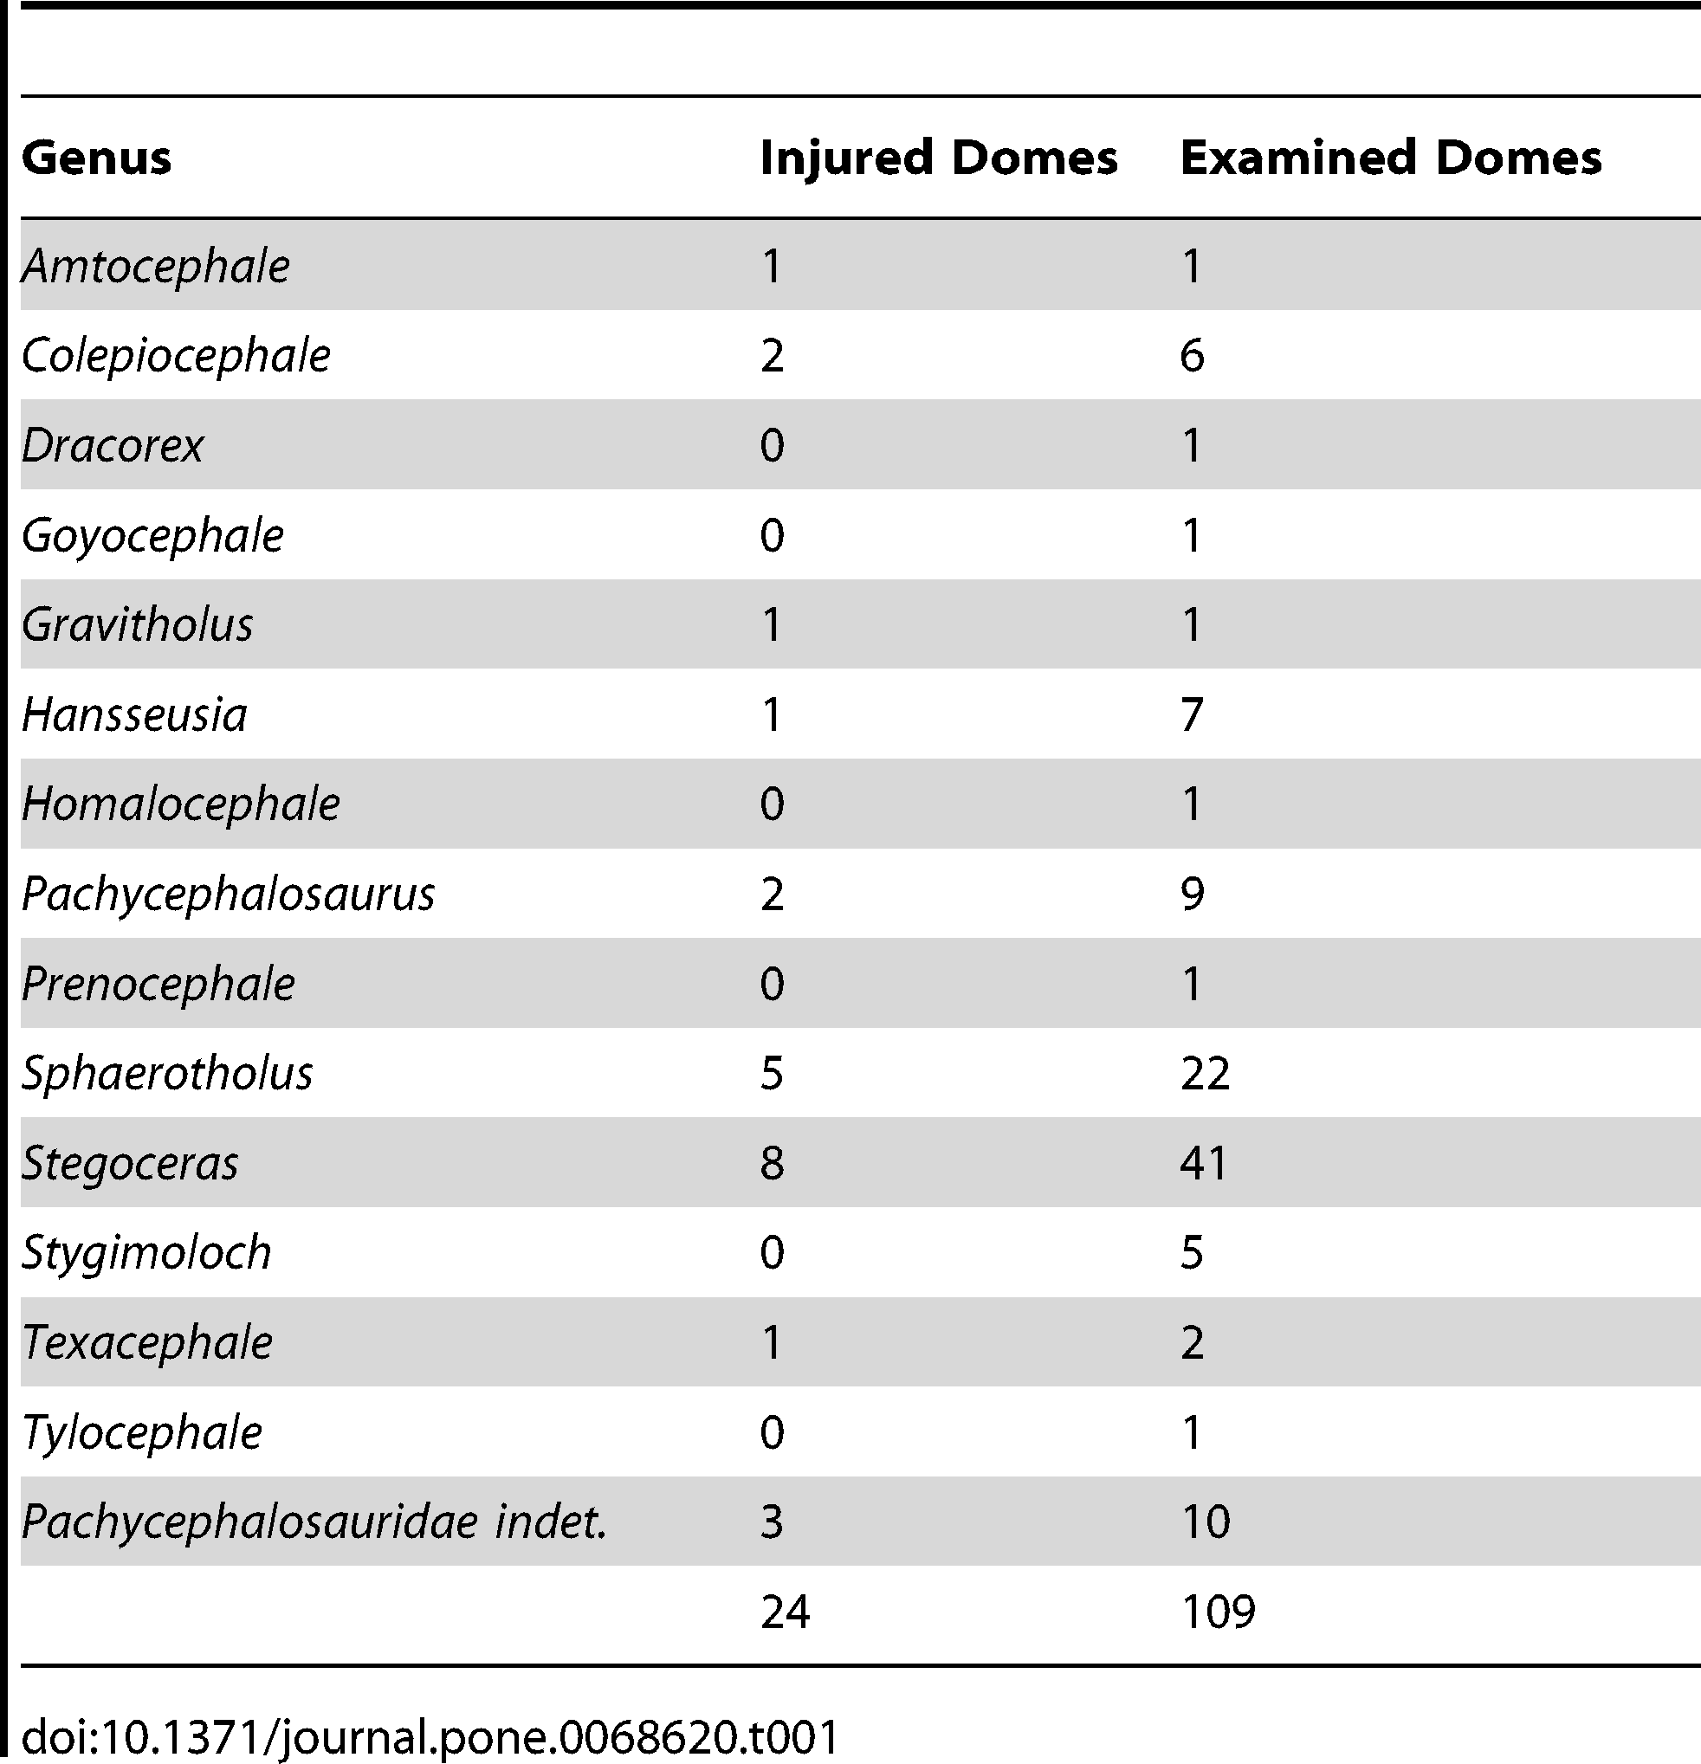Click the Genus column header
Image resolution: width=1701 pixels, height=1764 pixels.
(x=96, y=158)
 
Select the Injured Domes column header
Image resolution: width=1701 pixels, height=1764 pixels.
(x=938, y=158)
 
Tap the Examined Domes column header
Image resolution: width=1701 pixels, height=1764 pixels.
(x=1390, y=158)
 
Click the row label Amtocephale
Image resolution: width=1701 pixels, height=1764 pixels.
(x=156, y=267)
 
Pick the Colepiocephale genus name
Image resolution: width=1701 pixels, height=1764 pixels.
(x=176, y=356)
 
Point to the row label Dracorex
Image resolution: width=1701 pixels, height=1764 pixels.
(x=113, y=445)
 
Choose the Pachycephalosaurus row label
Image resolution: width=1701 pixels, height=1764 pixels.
(x=228, y=894)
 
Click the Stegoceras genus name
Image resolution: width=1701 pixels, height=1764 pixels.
(x=130, y=1163)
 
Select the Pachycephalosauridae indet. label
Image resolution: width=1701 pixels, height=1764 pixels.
(x=314, y=1522)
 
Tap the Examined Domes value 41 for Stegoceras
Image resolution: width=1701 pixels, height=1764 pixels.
(x=1204, y=1163)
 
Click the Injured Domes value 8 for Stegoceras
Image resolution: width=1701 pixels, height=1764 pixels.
(x=773, y=1163)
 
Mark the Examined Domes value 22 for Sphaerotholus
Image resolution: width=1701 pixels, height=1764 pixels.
(x=1204, y=1074)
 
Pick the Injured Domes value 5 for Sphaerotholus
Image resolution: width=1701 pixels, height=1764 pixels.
(x=773, y=1074)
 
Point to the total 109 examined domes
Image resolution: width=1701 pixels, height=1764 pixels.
(x=1217, y=1611)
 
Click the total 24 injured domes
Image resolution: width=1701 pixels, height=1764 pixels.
(x=785, y=1611)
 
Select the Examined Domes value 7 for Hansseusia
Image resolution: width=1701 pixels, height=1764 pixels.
(x=1192, y=714)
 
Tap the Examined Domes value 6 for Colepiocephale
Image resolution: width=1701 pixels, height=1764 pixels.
(x=1192, y=356)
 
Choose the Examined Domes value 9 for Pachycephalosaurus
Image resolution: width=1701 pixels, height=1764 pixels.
(x=1192, y=894)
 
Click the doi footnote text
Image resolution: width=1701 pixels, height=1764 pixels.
(x=430, y=1737)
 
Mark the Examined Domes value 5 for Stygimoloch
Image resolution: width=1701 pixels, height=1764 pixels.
(x=1192, y=1253)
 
